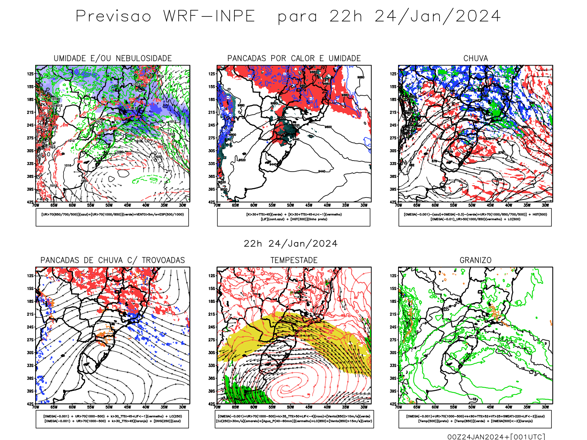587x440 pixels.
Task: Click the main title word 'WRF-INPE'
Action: (x=209, y=16)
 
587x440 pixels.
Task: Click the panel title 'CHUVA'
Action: (x=475, y=58)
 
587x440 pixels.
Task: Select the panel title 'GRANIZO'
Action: (x=475, y=260)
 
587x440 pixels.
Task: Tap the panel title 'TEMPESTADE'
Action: (x=294, y=260)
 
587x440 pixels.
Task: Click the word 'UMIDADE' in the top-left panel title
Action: (x=69, y=58)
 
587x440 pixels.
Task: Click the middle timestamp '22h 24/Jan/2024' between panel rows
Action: (x=291, y=243)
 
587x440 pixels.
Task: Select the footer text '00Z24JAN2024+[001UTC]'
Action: (x=496, y=436)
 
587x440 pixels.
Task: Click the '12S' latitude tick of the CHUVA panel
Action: (x=393, y=74)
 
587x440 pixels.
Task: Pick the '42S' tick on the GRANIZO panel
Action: (x=393, y=404)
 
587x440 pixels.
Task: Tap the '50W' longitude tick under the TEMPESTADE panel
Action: (x=290, y=407)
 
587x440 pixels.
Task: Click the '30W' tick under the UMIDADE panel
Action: (x=182, y=205)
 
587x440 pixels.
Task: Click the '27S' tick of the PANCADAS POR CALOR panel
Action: (x=212, y=138)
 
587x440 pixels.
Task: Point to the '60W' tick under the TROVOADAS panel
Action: (x=72, y=407)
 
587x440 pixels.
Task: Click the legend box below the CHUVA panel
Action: (x=475, y=217)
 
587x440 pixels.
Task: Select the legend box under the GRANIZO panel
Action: (x=475, y=419)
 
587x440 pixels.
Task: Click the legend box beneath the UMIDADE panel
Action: (x=112, y=217)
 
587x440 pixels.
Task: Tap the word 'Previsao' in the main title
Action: (x=113, y=16)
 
